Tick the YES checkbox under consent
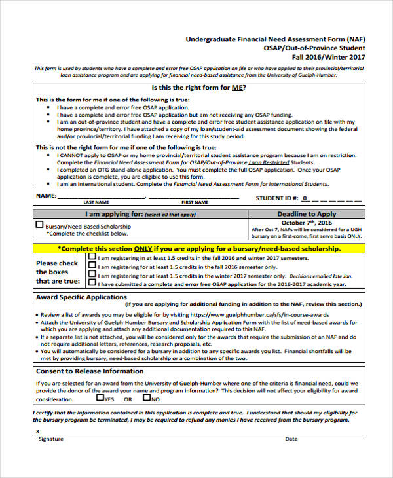pyautogui.click(x=100, y=397)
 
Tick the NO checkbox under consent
pyautogui.click(x=147, y=397)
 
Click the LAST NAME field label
pyautogui.click(x=96, y=202)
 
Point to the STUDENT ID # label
pyautogui.click(x=276, y=197)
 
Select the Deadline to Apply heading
pyautogui.click(x=307, y=214)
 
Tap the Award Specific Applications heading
pyautogui.click(x=81, y=297)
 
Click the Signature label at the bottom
pyautogui.click(x=50, y=439)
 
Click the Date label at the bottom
pyautogui.click(x=291, y=439)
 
